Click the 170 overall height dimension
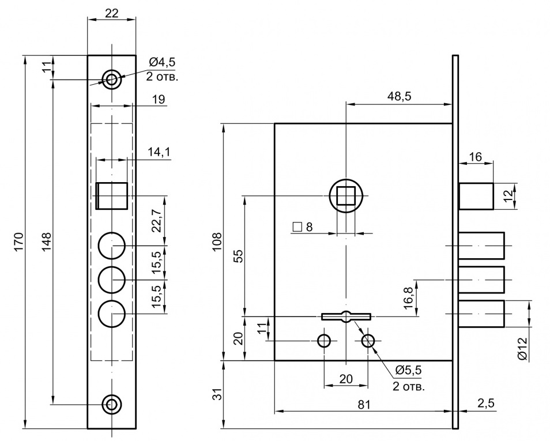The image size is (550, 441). point(19,241)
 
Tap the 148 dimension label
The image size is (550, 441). point(47,241)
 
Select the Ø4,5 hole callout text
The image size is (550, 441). point(161,62)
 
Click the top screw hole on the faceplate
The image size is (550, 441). point(111,80)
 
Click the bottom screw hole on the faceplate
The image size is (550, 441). point(111,405)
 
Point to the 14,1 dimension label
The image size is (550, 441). point(159,152)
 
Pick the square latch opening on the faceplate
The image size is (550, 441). point(112,196)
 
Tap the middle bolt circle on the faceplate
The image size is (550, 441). point(111,280)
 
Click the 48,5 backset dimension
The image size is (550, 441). point(399,96)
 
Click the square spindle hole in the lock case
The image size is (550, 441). point(346,196)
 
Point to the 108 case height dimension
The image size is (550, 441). point(217,242)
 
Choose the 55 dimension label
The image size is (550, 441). point(238,256)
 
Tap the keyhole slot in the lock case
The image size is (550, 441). point(346,316)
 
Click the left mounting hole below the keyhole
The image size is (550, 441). point(324,341)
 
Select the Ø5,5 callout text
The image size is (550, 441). point(408,370)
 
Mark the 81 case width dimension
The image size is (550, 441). point(364,405)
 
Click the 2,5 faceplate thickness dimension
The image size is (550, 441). point(486,403)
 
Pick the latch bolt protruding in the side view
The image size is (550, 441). point(476,196)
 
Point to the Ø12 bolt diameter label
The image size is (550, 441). point(522,348)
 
